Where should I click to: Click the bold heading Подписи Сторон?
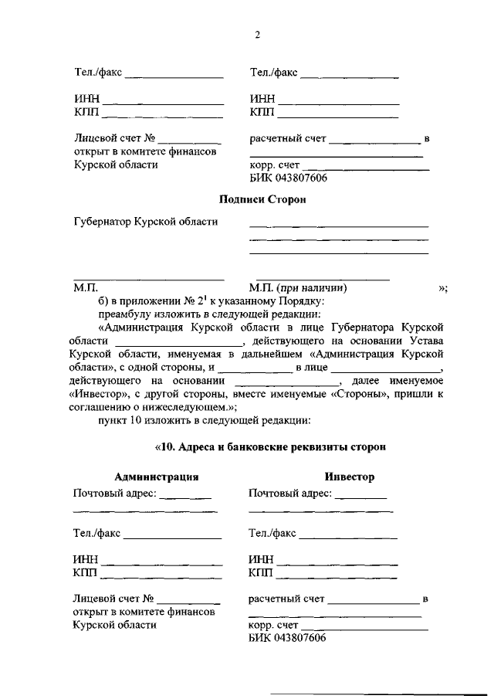click(262, 200)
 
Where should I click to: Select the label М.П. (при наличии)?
click(298, 287)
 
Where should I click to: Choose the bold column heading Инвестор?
click(350, 477)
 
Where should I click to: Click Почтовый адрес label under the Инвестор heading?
click(290, 494)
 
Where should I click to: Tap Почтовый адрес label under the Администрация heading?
click(114, 494)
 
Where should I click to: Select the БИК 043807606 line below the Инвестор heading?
click(287, 638)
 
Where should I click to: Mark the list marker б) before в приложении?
click(103, 300)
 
